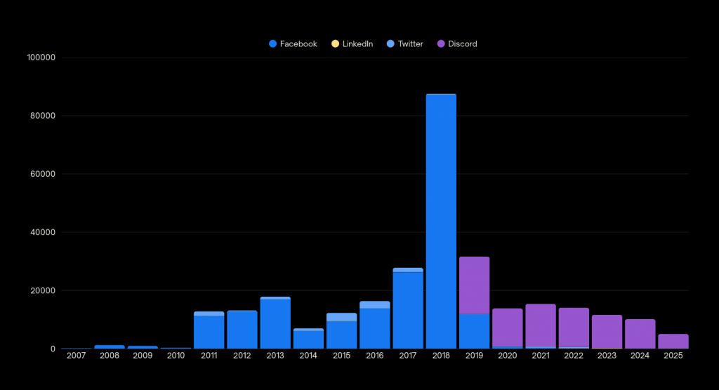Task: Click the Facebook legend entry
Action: pos(293,43)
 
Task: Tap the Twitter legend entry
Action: pos(405,43)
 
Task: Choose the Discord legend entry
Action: pos(457,43)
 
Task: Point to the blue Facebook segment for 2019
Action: pos(474,331)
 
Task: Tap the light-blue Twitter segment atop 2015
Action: pos(341,317)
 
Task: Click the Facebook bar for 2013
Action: pos(275,324)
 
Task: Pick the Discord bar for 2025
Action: pos(673,341)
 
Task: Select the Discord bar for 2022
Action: pos(574,328)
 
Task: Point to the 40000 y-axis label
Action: pos(41,232)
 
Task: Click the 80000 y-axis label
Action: pos(41,116)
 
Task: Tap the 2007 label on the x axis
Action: pos(76,356)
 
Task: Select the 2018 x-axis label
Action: pos(441,356)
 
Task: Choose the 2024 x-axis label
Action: pos(640,356)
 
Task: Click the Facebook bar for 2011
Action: pos(209,332)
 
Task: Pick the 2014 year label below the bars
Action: pos(308,356)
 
